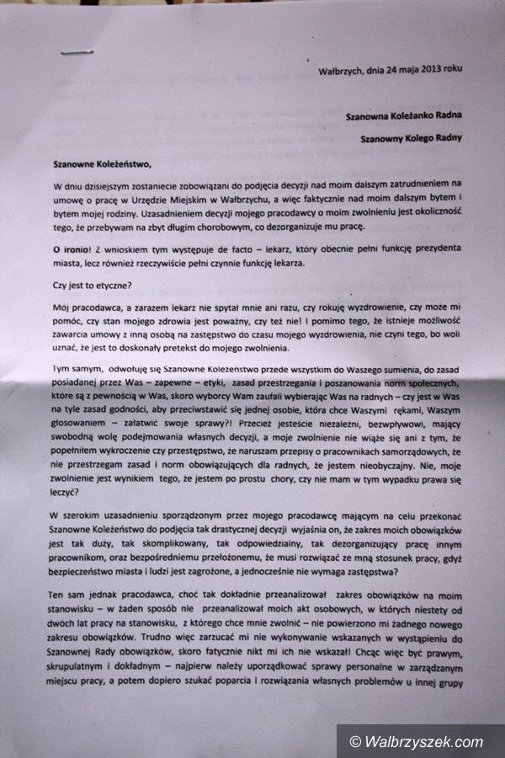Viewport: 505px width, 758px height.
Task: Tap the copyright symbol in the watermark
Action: [357, 742]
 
